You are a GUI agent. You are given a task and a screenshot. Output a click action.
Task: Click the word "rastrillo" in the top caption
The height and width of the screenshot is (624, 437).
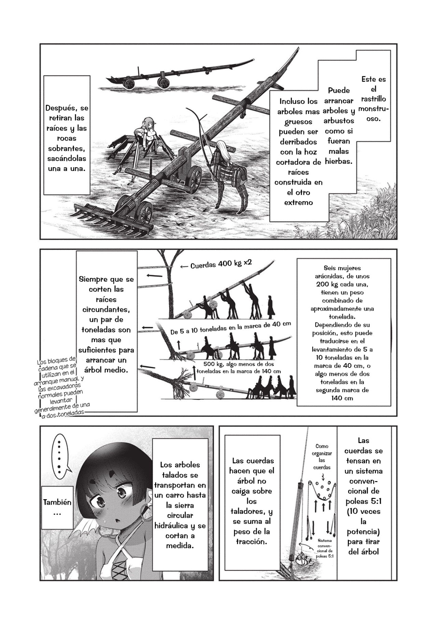(373, 99)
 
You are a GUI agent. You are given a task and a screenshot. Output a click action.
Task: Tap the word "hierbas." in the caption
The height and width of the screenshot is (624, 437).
(338, 161)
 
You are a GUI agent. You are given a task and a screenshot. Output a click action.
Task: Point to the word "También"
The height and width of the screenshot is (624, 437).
(57, 502)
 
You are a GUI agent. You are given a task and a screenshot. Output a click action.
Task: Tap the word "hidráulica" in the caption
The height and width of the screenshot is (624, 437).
(180, 526)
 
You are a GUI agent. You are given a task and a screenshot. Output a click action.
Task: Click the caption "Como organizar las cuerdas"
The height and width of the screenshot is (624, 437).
(322, 457)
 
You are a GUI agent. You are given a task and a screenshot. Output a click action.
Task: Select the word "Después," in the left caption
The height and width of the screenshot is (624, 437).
(67, 108)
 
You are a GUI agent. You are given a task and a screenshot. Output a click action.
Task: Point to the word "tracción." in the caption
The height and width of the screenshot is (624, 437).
(252, 542)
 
